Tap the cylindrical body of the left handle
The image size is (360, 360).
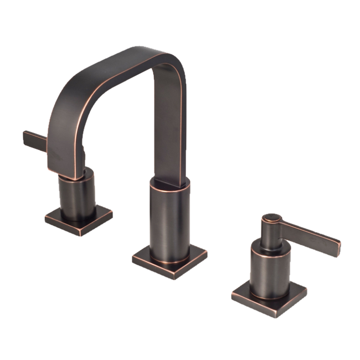[x=76, y=195]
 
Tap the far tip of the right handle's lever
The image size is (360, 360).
[x=337, y=244]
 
